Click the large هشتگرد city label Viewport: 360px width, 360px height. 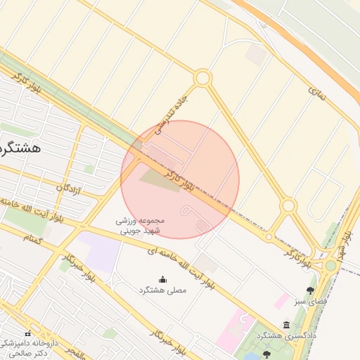(x=21, y=148)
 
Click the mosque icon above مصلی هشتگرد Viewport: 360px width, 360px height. (x=163, y=279)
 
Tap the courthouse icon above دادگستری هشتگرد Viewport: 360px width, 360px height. (x=286, y=324)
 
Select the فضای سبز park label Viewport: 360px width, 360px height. (x=310, y=302)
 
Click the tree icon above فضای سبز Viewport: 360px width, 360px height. (x=310, y=290)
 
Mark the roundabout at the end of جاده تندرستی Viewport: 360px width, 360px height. (x=202, y=78)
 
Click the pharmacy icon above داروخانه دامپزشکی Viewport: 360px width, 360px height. (x=28, y=333)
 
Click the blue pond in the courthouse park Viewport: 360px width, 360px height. (x=250, y=356)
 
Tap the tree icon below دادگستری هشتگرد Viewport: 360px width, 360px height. (x=266, y=354)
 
